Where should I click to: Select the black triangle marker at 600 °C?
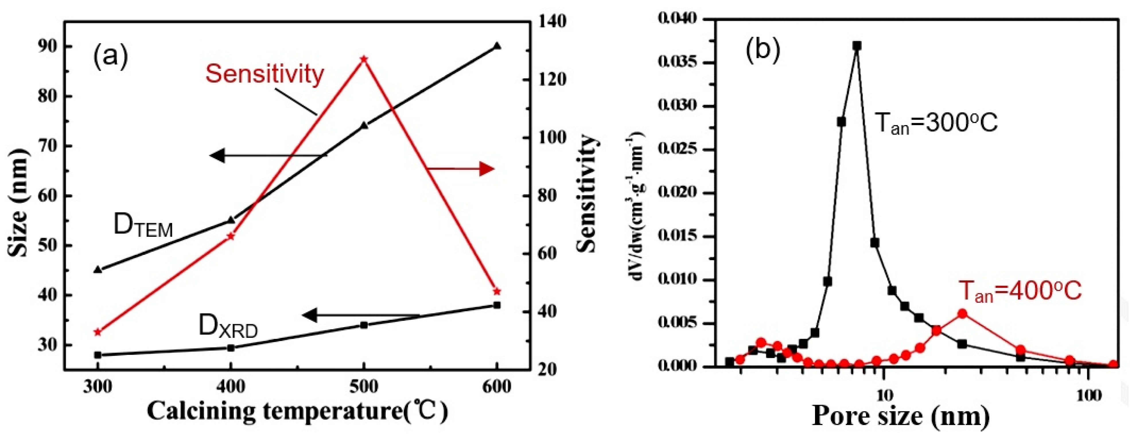[497, 46]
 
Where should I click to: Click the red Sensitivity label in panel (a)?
[264, 74]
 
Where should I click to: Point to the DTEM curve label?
[143, 226]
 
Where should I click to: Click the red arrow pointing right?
[461, 169]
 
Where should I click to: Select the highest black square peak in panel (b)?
[857, 46]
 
